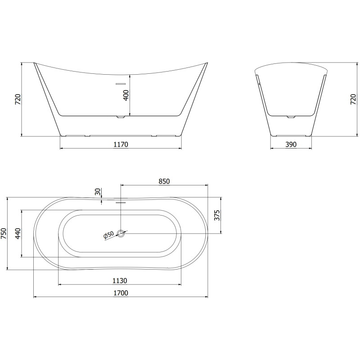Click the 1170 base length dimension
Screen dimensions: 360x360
(121, 144)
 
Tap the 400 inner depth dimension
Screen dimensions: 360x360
(126, 95)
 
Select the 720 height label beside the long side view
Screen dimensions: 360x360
(18, 99)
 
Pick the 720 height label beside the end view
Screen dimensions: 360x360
(354, 99)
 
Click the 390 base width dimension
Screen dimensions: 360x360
(291, 144)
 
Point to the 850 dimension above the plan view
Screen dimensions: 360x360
(164, 181)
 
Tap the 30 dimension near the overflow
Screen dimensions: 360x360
(98, 192)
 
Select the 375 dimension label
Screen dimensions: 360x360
(217, 215)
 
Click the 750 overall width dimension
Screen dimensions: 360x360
(4, 234)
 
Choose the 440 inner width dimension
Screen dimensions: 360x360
(18, 234)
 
